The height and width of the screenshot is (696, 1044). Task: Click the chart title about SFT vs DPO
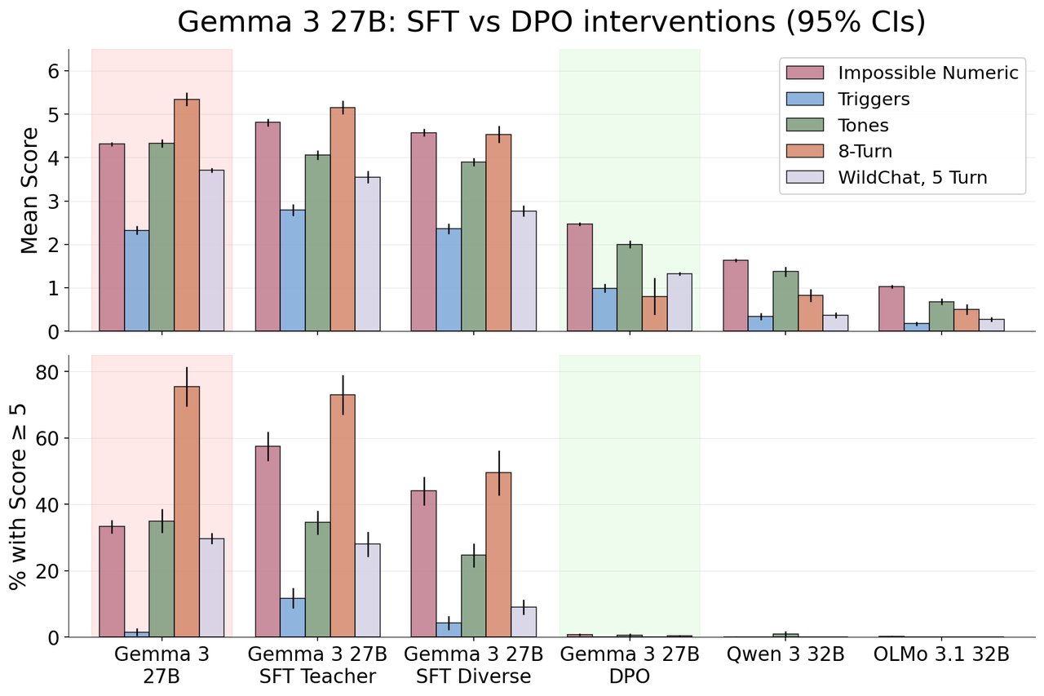pos(551,22)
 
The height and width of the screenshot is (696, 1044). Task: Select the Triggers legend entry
pos(874,100)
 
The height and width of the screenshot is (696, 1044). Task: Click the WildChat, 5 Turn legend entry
pos(913,177)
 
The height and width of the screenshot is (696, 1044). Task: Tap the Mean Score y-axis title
pos(29,189)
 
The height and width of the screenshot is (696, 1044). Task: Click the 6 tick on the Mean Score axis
pos(54,71)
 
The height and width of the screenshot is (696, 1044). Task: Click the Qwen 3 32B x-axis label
pos(785,654)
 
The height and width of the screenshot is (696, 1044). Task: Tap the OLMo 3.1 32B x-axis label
pos(941,654)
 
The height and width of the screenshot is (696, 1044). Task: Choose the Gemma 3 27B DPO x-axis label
pos(630,665)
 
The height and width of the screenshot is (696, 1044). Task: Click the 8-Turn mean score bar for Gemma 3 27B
pos(187,215)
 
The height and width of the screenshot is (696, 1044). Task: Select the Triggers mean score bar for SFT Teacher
pos(293,271)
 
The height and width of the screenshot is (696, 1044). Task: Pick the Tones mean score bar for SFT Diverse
pos(473,246)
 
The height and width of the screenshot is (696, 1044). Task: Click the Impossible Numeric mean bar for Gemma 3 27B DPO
pos(579,277)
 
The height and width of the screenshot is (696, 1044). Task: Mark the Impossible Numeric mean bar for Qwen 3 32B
pos(736,296)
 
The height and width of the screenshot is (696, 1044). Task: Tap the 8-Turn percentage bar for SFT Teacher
pos(343,516)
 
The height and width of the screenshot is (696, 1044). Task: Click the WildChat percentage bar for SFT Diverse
pos(524,622)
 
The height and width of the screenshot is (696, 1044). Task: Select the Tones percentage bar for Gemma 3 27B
pos(161,579)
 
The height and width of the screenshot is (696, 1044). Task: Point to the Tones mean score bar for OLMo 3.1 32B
pos(941,317)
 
